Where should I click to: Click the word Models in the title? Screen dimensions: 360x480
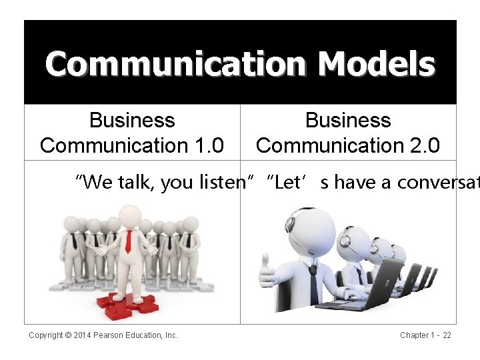377,64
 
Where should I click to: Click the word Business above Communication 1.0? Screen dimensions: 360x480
132,121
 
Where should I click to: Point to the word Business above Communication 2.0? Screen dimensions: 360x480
348,121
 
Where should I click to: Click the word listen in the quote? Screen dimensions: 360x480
221,182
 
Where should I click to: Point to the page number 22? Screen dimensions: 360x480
447,335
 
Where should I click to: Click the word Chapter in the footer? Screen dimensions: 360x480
415,335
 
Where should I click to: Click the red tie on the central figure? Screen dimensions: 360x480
128,241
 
